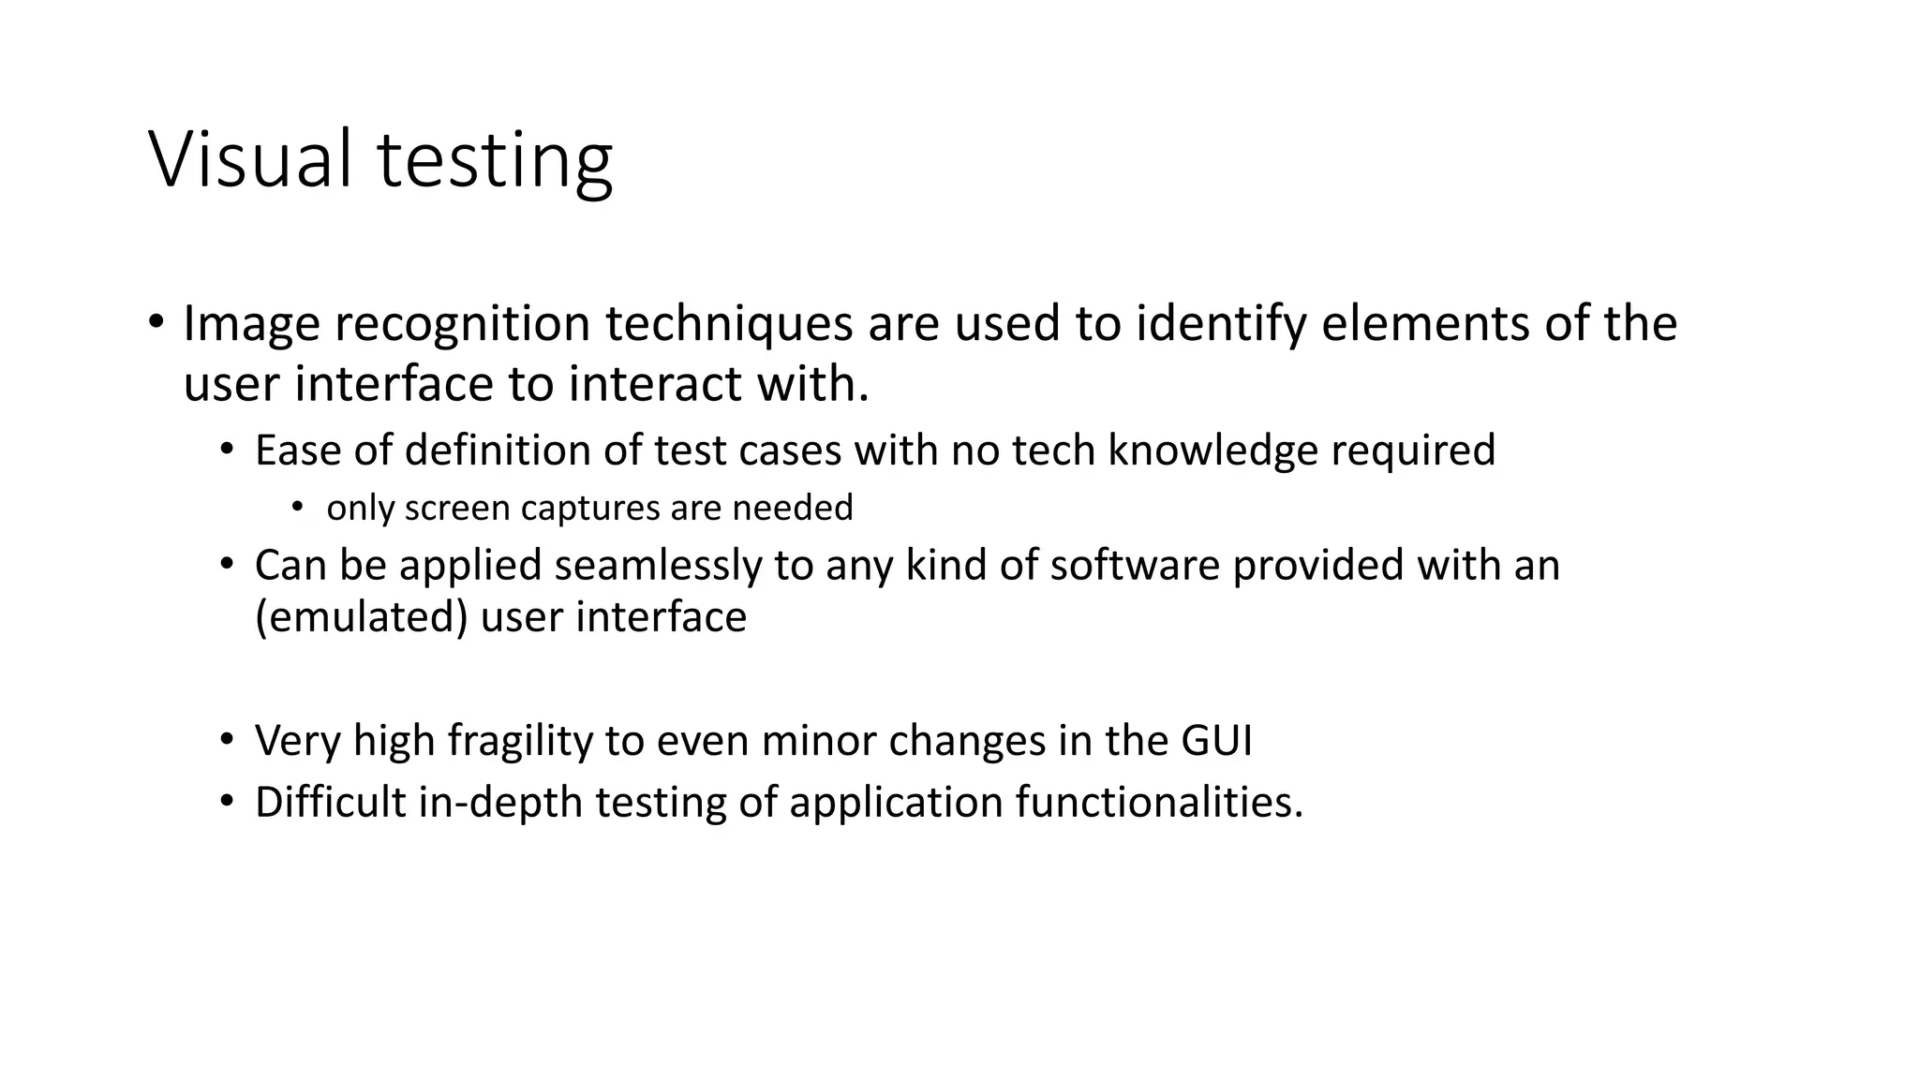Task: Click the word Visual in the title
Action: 263,159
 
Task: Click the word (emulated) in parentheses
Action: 361,617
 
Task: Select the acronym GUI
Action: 1215,741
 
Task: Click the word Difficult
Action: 330,803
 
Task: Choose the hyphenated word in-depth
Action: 500,803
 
